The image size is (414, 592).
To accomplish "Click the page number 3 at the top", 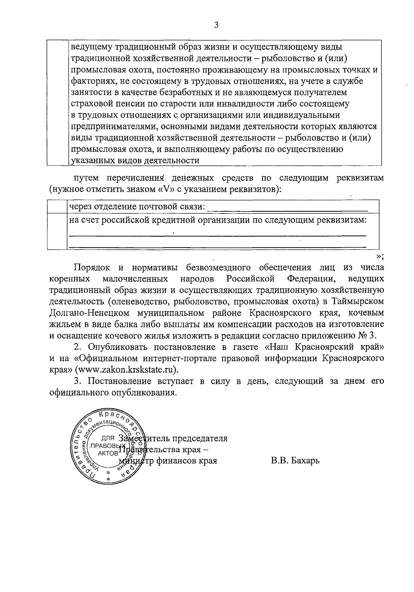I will coord(216,25).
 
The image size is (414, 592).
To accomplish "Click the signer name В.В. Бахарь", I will coord(295,461).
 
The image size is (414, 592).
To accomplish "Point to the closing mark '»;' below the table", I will coord(380,256).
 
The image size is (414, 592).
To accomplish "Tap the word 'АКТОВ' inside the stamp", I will coord(107,453).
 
